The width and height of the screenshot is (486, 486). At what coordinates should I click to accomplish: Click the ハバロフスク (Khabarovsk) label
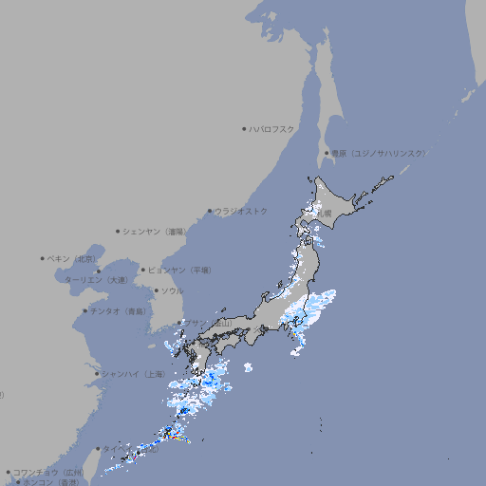coord(272,128)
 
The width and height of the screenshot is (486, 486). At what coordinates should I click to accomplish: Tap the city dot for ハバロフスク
coord(244,128)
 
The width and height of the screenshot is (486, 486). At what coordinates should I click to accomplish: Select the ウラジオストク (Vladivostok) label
coord(241,211)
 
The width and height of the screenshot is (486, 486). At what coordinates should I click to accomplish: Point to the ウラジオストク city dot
coord(210,211)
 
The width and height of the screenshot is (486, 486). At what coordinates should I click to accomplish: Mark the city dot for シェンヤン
coord(118,231)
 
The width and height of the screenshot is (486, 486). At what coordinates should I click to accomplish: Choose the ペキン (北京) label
coord(72,258)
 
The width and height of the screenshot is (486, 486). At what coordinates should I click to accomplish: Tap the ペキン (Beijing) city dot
coord(43,258)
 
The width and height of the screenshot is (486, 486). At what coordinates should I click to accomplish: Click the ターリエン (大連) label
coord(95,280)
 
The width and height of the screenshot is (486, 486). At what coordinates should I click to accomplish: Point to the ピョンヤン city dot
coord(143,270)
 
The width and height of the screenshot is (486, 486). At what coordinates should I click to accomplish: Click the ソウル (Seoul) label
coord(172,290)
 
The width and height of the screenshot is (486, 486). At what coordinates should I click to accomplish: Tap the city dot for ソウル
coord(156,290)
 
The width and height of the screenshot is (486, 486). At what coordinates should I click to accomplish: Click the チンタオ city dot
coord(85,310)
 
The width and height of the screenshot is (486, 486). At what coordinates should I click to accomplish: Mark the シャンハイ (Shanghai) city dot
coord(97,374)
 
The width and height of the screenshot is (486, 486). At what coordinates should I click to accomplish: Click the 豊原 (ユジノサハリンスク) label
coord(379,153)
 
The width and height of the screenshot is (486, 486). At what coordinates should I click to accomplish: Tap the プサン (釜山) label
coord(207,324)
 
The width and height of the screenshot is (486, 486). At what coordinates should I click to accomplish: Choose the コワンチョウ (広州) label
coord(48,472)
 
